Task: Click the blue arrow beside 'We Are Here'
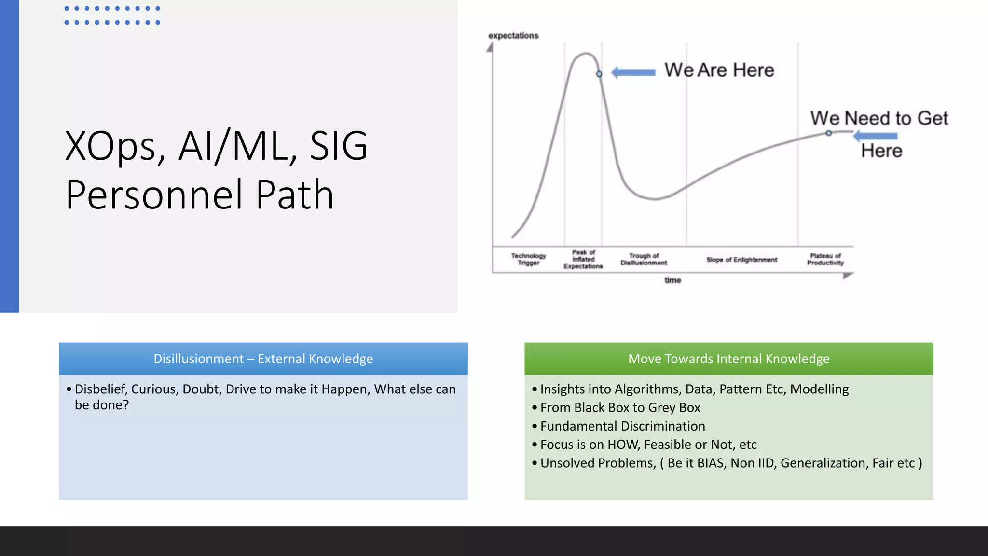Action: [x=633, y=72]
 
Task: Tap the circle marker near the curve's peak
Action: [x=599, y=74]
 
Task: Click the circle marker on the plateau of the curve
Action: [x=828, y=133]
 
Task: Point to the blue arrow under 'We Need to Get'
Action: [x=876, y=136]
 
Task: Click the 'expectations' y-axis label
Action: [x=513, y=36]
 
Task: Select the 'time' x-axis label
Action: [x=672, y=280]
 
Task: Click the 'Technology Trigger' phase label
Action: [x=529, y=259]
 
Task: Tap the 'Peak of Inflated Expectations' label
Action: [x=583, y=259]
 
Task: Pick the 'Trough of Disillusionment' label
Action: [x=644, y=259]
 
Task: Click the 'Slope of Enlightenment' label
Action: [x=741, y=260]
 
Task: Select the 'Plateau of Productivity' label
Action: [x=825, y=259]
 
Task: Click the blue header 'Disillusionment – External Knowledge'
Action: [x=263, y=359]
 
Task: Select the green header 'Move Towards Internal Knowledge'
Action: [x=728, y=359]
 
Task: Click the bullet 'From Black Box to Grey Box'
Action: [x=620, y=408]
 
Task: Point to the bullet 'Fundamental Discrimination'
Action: [x=622, y=426]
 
